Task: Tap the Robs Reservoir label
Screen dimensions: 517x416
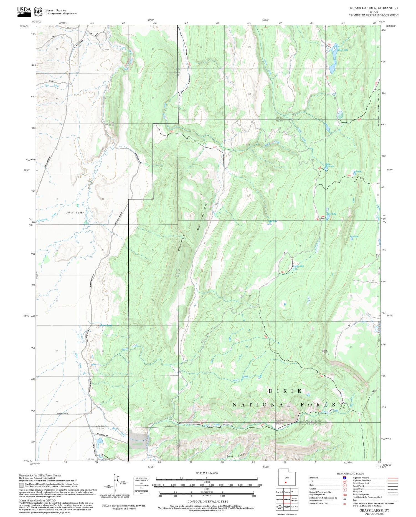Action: coord(329,165)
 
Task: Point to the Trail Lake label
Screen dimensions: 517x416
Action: coord(357,172)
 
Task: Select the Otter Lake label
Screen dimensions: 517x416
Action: coord(331,214)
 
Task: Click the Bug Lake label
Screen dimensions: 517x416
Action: coord(354,237)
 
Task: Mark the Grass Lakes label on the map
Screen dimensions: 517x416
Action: coord(298,266)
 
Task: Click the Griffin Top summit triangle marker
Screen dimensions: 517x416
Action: coord(329,354)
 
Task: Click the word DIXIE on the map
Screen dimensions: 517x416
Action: coord(285,391)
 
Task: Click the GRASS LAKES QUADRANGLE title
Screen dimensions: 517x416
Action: coord(374,8)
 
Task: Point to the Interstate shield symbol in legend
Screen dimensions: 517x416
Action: coord(344,478)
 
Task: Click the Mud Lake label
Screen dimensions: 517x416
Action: coord(272,221)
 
